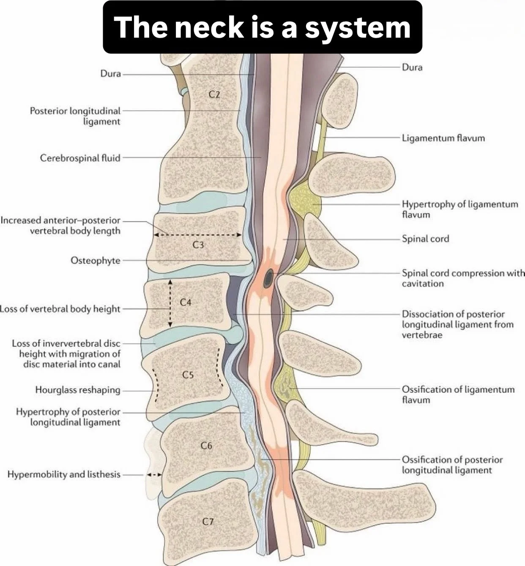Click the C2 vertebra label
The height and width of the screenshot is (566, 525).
[x=214, y=94]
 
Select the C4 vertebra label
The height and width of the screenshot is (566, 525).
[x=186, y=302]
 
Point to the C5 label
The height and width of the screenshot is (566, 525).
[x=188, y=375]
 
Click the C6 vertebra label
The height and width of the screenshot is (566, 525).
[x=206, y=445]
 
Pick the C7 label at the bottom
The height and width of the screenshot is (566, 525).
[x=207, y=522]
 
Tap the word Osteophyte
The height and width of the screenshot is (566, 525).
[x=95, y=260]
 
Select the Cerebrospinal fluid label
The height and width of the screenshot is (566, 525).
[x=80, y=158]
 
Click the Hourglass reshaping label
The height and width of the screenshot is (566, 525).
[x=77, y=390]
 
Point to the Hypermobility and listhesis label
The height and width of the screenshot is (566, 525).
[x=64, y=475]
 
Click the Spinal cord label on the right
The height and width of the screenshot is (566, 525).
[x=425, y=239]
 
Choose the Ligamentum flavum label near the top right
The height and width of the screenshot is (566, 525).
[x=443, y=138]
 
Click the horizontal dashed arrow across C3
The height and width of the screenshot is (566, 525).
[x=197, y=235]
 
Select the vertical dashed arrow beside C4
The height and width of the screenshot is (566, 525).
[x=170, y=303]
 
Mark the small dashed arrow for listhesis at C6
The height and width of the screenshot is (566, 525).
[x=154, y=475]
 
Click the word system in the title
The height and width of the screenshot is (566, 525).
[x=357, y=27]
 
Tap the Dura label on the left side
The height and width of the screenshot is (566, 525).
[x=110, y=74]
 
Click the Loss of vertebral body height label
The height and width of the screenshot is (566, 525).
[x=60, y=309]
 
